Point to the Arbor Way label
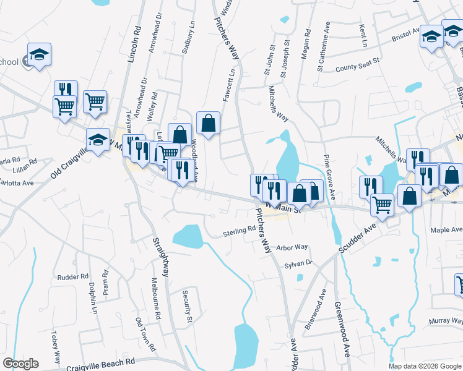[292, 247]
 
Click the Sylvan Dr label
[298, 263]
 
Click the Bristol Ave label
[406, 38]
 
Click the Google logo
[21, 364]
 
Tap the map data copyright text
[424, 366]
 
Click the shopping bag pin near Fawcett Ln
[209, 123]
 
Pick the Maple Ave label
[447, 230]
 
